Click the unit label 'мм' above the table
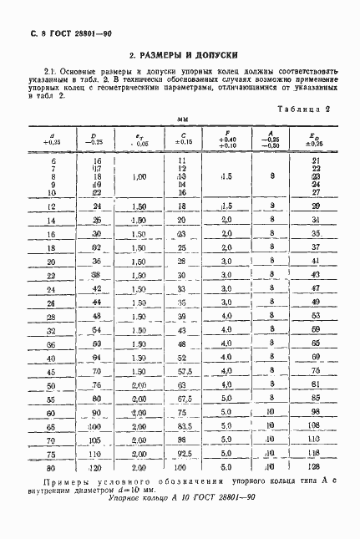pos(180,119)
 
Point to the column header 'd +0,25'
pos(48,139)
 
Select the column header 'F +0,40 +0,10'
pos(226,137)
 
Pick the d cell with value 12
pos(51,206)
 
